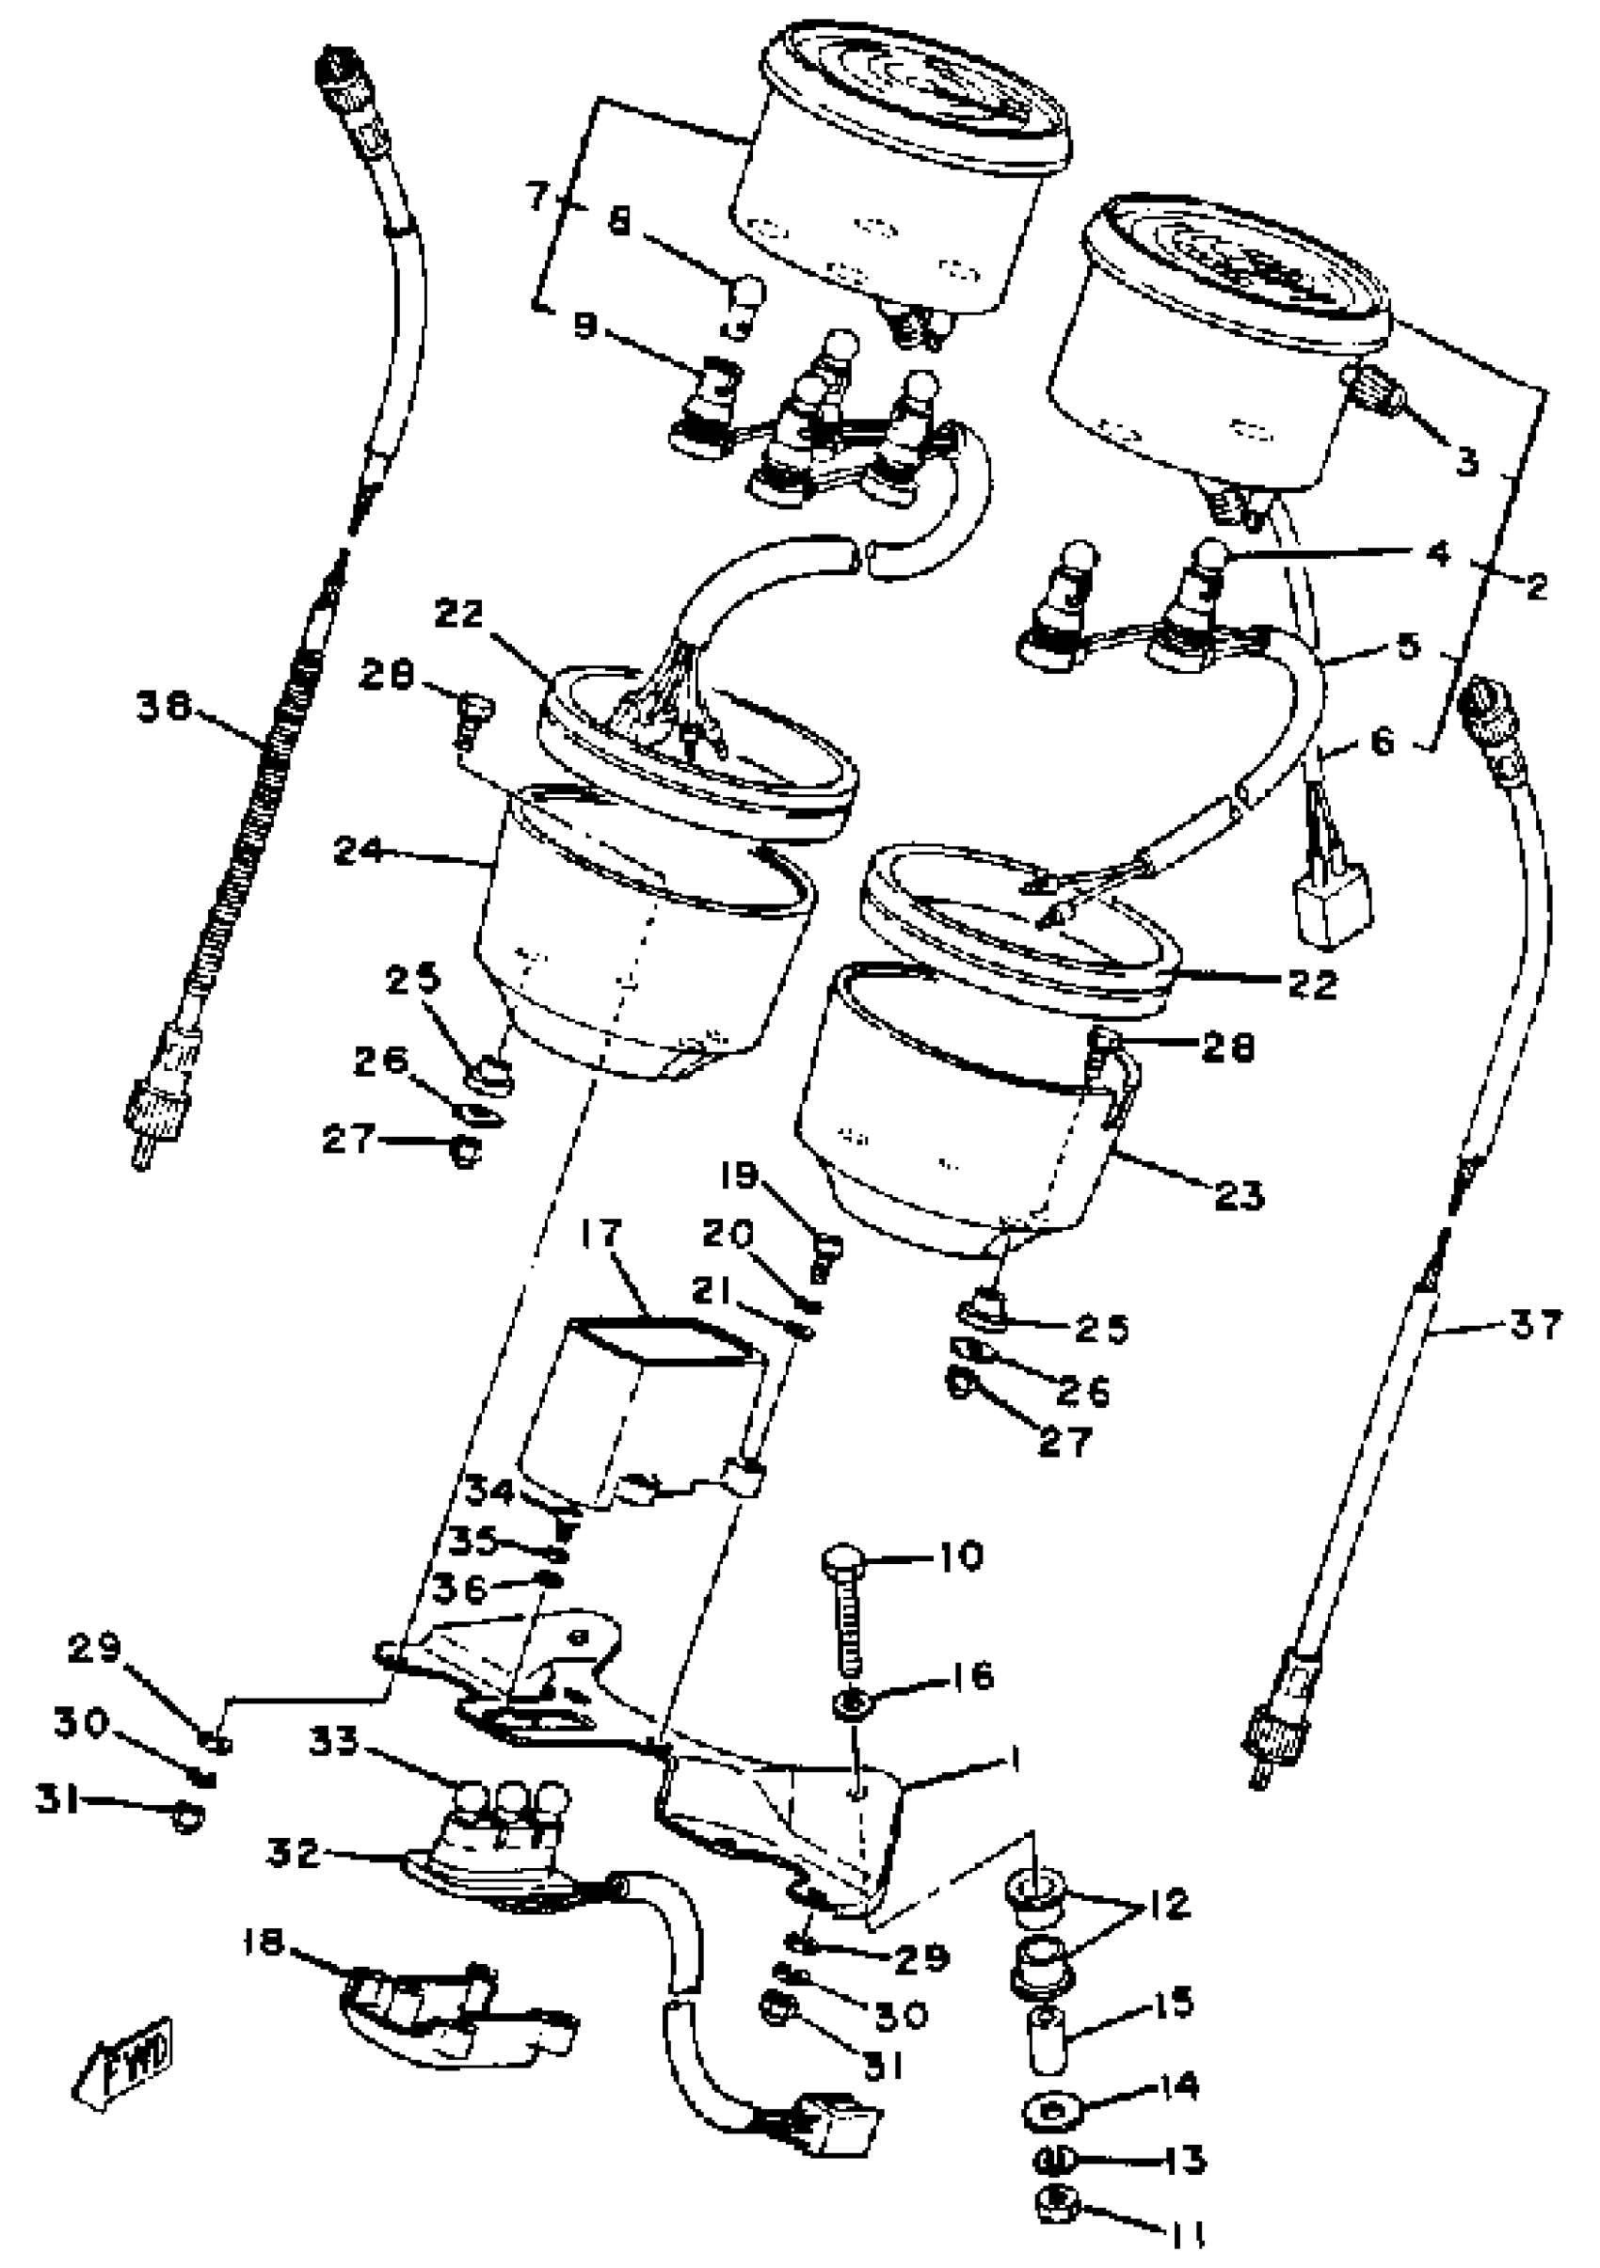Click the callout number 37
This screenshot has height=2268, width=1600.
point(1535,1324)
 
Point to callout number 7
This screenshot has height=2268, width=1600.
point(538,197)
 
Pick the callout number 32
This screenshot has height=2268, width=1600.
point(294,1853)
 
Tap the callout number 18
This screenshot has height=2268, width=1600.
point(264,1943)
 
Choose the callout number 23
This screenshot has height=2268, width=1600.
point(1239,1195)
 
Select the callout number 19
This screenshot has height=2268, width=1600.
point(739,1175)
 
